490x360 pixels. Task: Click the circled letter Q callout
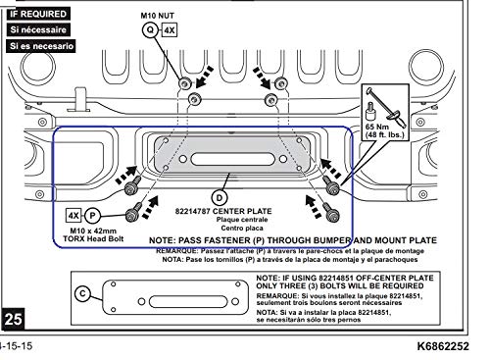(x=151, y=30)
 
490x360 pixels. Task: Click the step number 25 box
(x=15, y=319)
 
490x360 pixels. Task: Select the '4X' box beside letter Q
(x=171, y=30)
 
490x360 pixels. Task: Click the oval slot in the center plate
(x=226, y=155)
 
